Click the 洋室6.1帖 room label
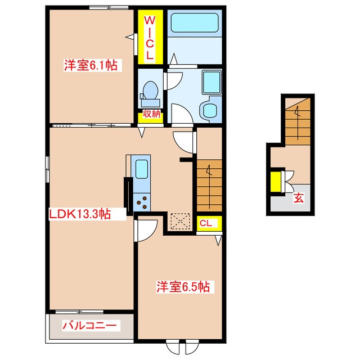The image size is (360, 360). point(91,65)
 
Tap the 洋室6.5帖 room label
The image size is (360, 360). point(183,286)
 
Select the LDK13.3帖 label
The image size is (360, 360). point(80,214)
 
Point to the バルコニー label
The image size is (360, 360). point(89,325)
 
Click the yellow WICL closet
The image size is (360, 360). point(150,37)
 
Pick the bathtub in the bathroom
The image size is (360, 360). point(195,22)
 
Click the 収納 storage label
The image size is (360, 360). point(151,114)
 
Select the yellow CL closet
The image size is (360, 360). point(209,223)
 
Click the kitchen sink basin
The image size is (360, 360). point(141,169)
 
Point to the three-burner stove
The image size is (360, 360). point(142,202)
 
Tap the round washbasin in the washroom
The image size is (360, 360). point(210,110)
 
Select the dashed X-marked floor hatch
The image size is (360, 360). point(181,221)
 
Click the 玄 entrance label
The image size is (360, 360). point(299,198)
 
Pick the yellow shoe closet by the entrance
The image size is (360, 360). point(276,182)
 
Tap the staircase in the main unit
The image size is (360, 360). point(209,186)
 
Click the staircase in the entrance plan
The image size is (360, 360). point(298,121)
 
